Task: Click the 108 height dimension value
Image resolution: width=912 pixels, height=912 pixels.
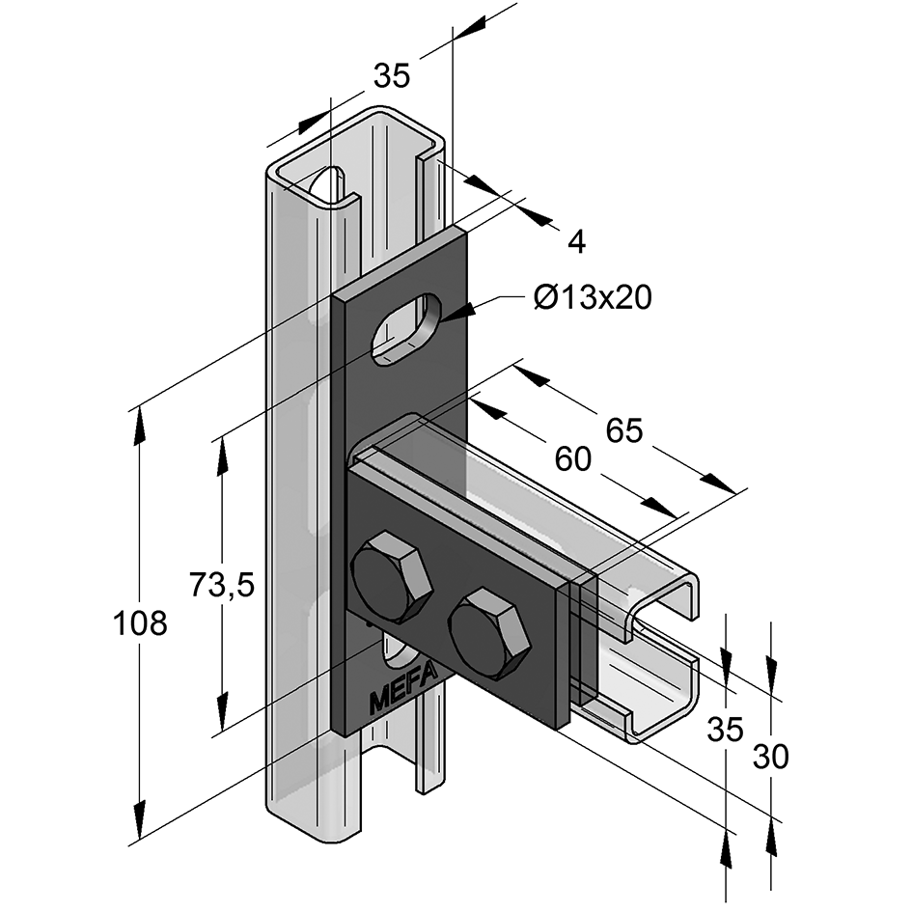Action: point(141,624)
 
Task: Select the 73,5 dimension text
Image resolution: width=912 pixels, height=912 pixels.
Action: point(221,585)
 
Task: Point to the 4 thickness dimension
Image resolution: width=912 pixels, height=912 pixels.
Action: point(576,242)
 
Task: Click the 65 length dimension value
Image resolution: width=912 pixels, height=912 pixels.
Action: point(623,430)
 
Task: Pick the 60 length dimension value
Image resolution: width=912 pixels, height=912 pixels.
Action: point(572,460)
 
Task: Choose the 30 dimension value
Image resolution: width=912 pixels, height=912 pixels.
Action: point(771,758)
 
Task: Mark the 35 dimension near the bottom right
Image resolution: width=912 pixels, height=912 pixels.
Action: point(726,730)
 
